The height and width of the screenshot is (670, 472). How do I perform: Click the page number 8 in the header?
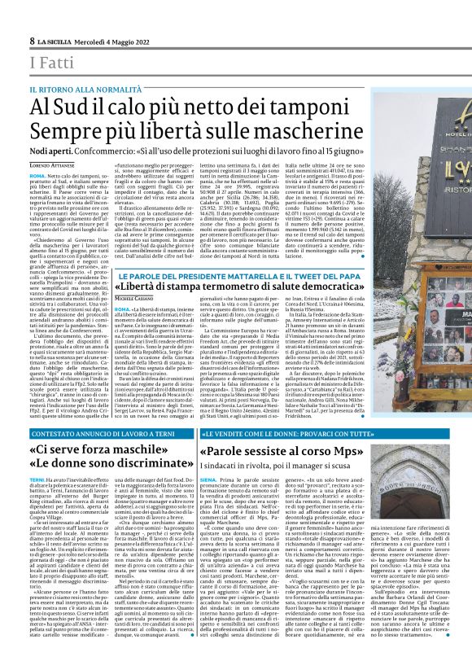31,40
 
